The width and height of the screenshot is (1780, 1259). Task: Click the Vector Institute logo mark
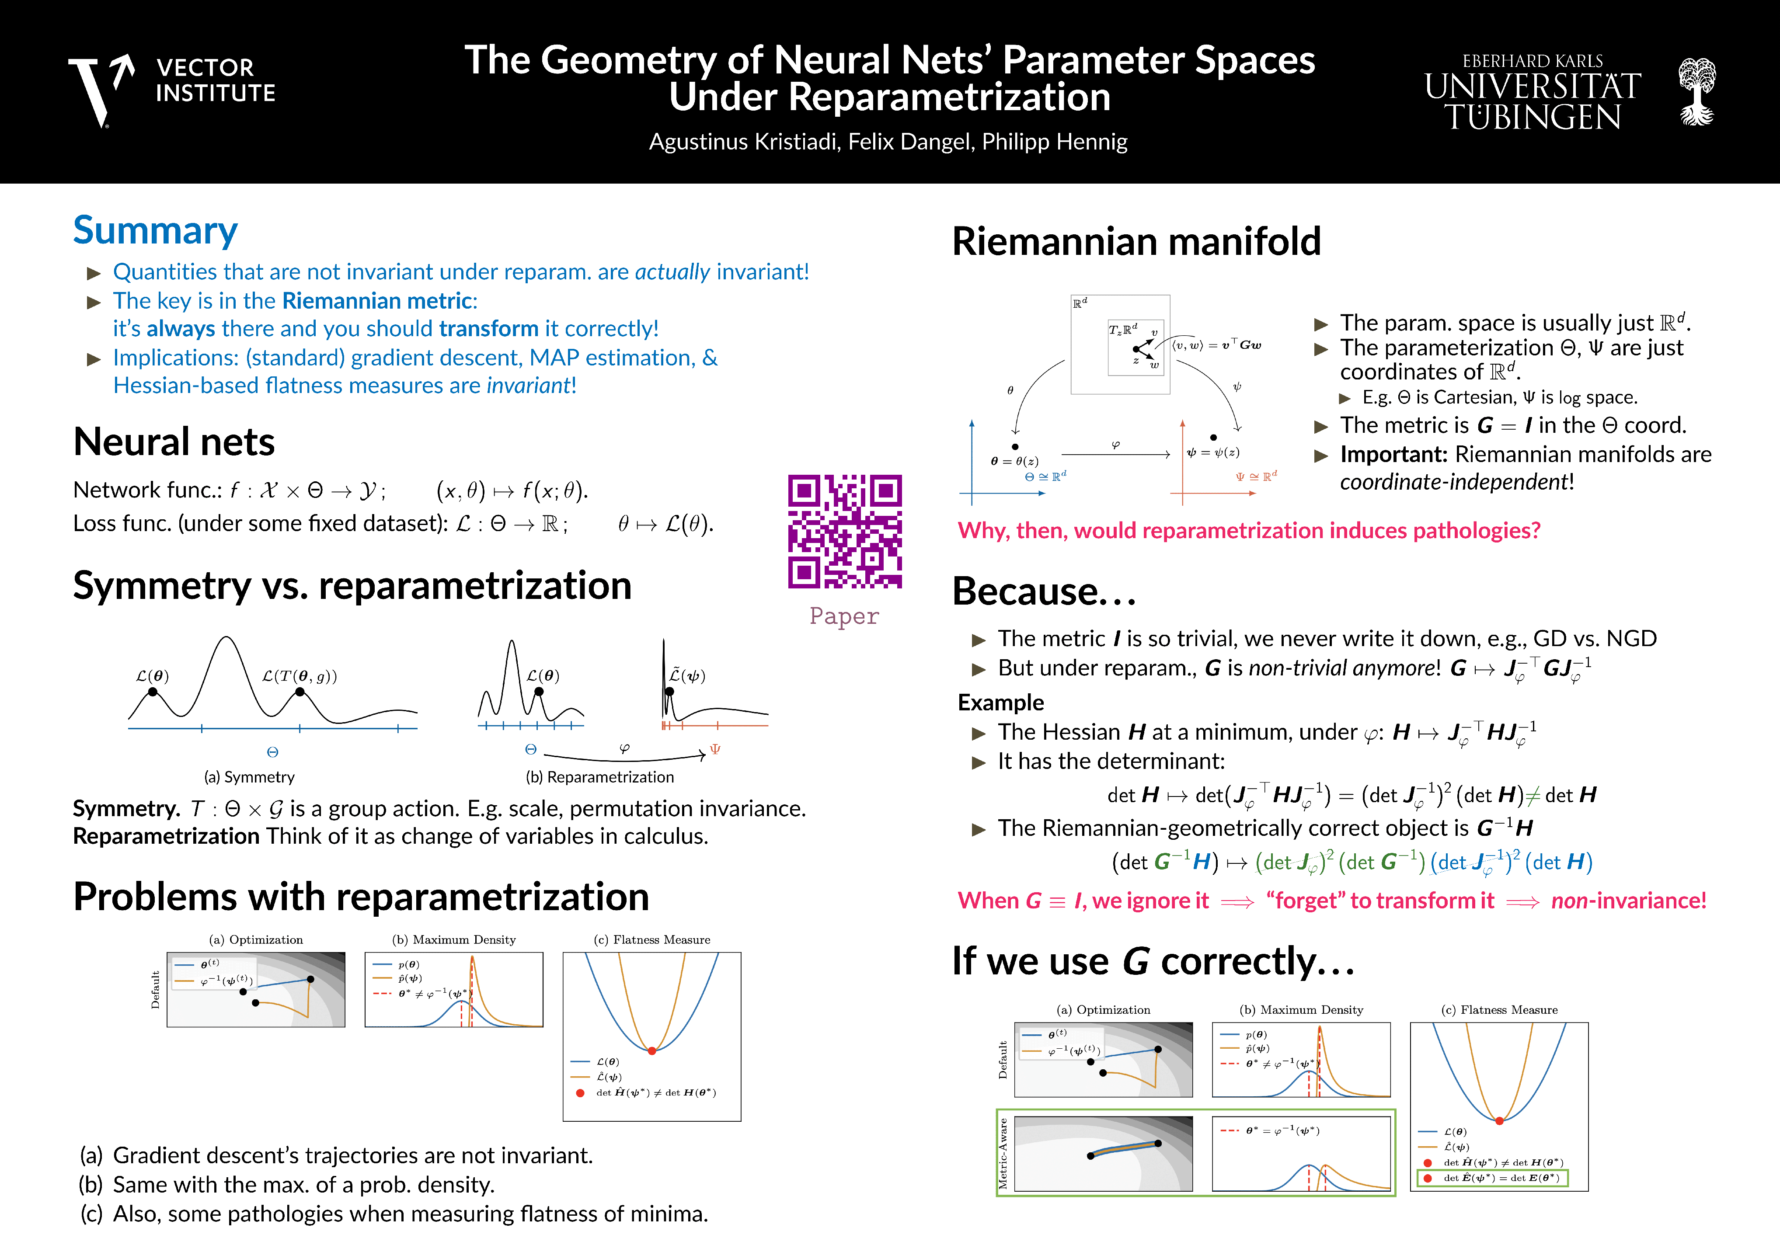click(x=101, y=89)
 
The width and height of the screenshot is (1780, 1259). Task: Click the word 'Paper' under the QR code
click(x=844, y=616)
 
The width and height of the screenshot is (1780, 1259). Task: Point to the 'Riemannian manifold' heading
click(x=1136, y=241)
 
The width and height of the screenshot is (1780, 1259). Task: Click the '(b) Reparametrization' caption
click(x=599, y=777)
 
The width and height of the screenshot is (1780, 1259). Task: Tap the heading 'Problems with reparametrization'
click(x=360, y=897)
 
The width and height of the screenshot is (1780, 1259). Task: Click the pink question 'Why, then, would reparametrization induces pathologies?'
click(x=1248, y=530)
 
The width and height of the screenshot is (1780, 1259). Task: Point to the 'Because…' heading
click(x=1044, y=591)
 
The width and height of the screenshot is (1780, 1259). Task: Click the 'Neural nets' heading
click(x=174, y=442)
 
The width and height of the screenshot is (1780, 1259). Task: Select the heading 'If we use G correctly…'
click(x=1153, y=961)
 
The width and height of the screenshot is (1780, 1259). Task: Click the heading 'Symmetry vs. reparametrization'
click(x=352, y=585)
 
